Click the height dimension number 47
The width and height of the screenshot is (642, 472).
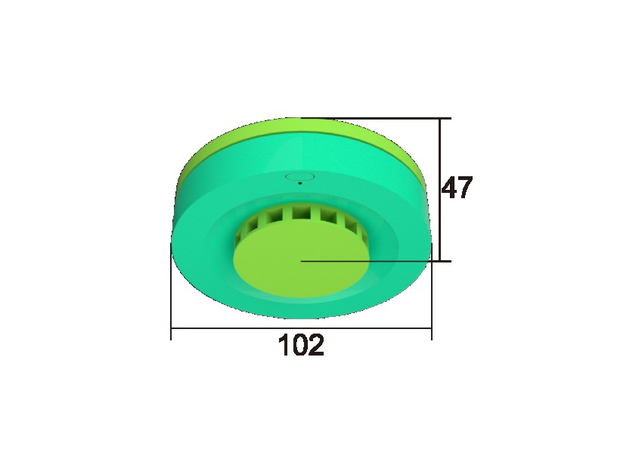coord(457,188)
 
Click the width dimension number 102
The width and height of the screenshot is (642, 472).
coord(302,345)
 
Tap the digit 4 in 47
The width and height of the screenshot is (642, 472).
coord(450,188)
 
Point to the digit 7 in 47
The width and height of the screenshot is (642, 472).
coord(466,188)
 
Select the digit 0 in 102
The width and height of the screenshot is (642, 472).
coord(300,345)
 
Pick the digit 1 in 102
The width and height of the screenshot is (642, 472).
coord(284,345)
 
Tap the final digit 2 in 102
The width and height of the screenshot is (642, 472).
coord(317,345)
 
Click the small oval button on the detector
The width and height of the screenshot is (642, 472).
coord(299,176)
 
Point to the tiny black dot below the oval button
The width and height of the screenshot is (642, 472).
coord(300,183)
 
